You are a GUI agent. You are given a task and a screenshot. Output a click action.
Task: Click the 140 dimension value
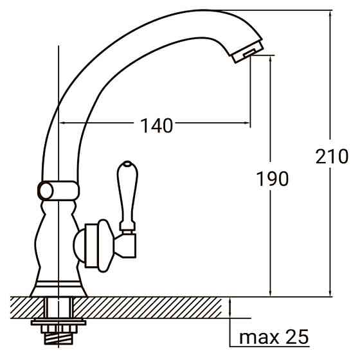point(156,125)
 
